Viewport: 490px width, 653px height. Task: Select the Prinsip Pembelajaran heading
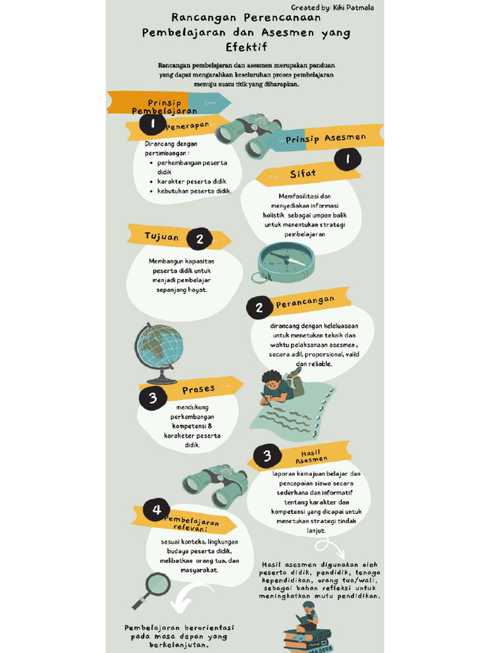pyautogui.click(x=164, y=106)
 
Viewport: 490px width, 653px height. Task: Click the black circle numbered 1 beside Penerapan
pyautogui.click(x=153, y=124)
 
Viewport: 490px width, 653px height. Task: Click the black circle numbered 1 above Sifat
pyautogui.click(x=348, y=159)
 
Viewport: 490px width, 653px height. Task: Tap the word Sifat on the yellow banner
pyautogui.click(x=302, y=173)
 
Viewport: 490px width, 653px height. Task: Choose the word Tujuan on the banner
pyautogui.click(x=161, y=237)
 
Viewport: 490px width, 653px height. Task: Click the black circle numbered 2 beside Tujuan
pyautogui.click(x=200, y=239)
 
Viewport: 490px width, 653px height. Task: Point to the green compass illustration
pyautogui.click(x=285, y=261)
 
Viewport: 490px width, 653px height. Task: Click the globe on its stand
pyautogui.click(x=159, y=351)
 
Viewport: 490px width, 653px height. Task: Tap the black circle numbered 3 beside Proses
pyautogui.click(x=153, y=399)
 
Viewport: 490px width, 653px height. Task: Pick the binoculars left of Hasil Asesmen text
pyautogui.click(x=215, y=486)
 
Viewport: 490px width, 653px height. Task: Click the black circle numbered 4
pyautogui.click(x=156, y=510)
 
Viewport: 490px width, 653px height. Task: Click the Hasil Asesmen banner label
pyautogui.click(x=311, y=455)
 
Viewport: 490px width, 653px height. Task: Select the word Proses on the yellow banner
pyautogui.click(x=198, y=389)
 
